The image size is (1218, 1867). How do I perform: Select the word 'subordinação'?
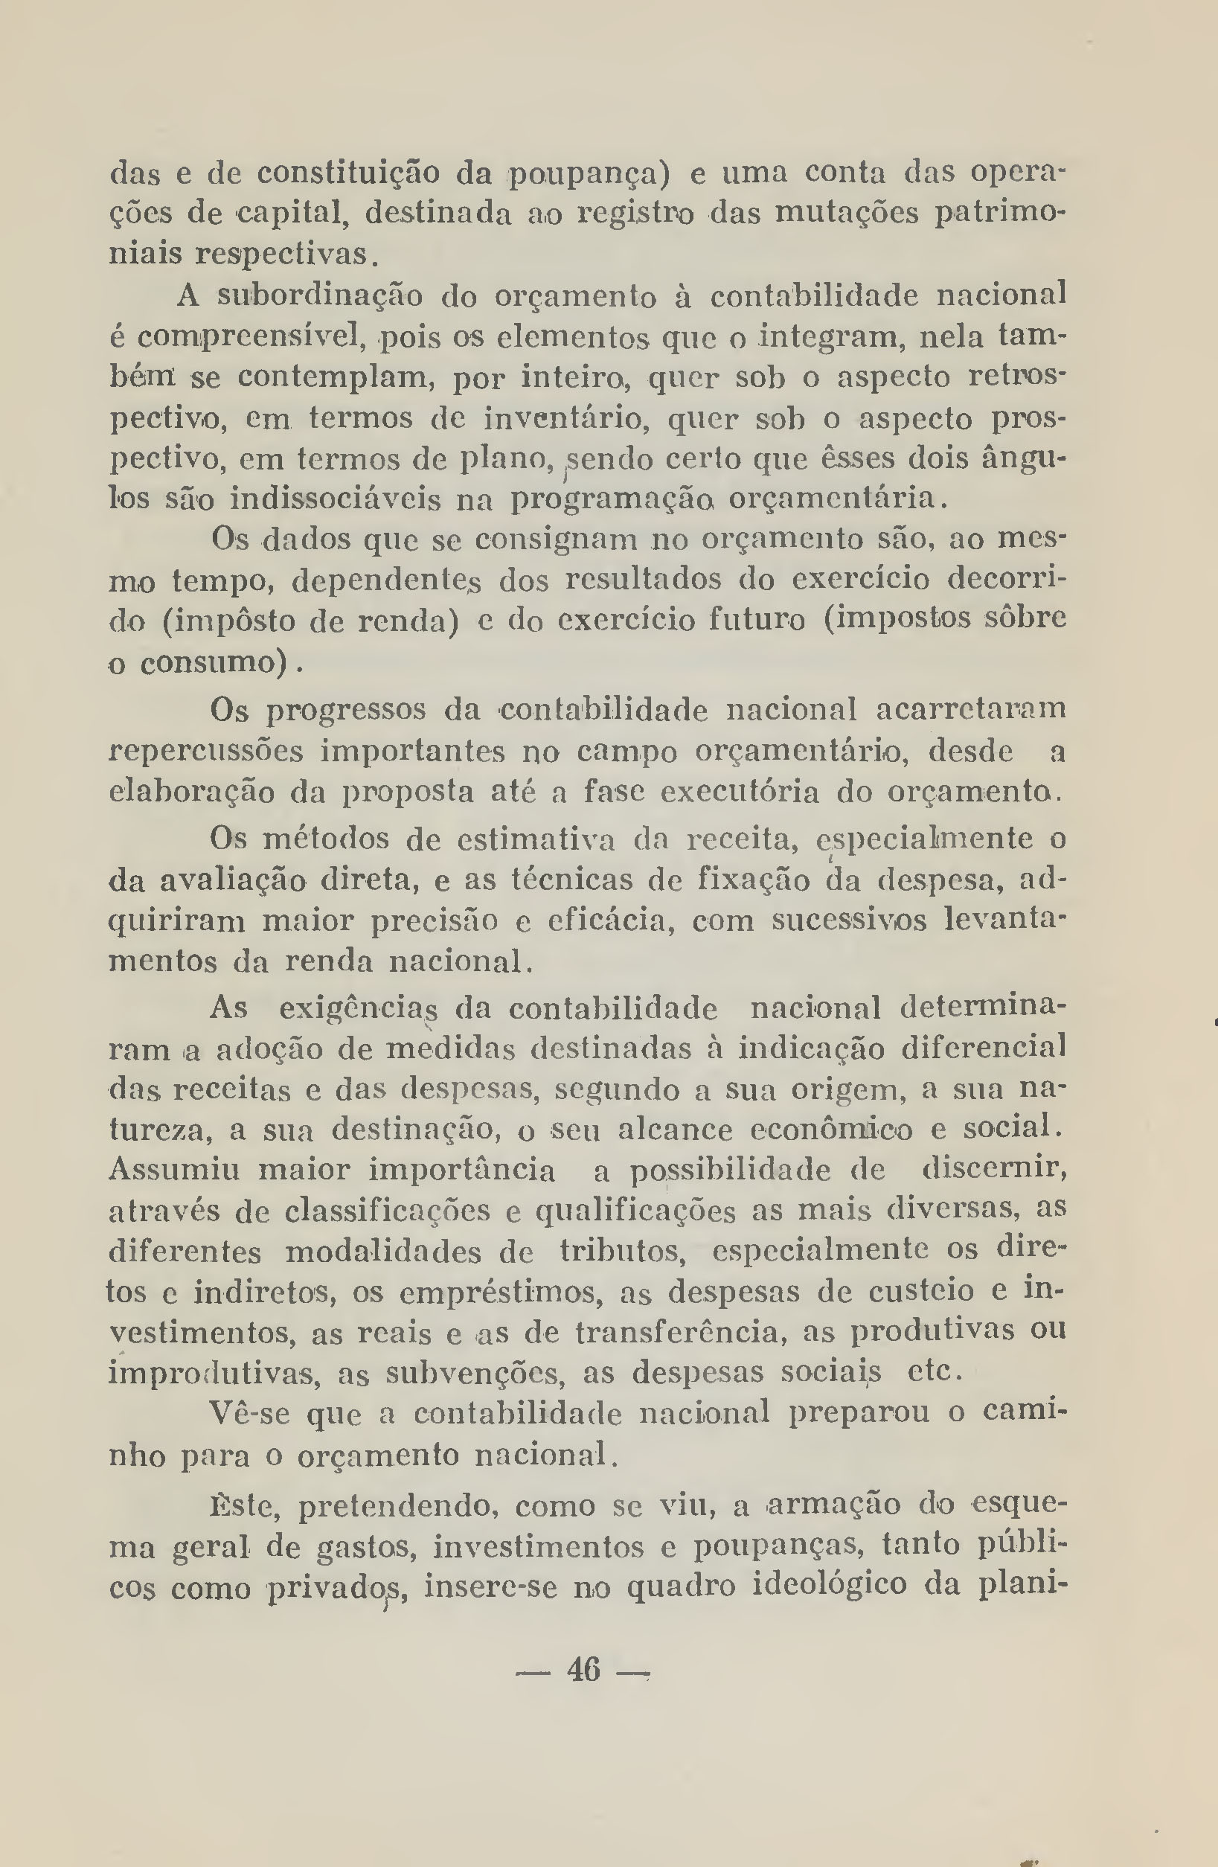click(320, 295)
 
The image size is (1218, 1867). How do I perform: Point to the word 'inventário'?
click(565, 419)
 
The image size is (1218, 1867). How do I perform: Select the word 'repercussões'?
click(205, 752)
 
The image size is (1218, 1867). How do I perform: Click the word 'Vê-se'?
click(249, 1414)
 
